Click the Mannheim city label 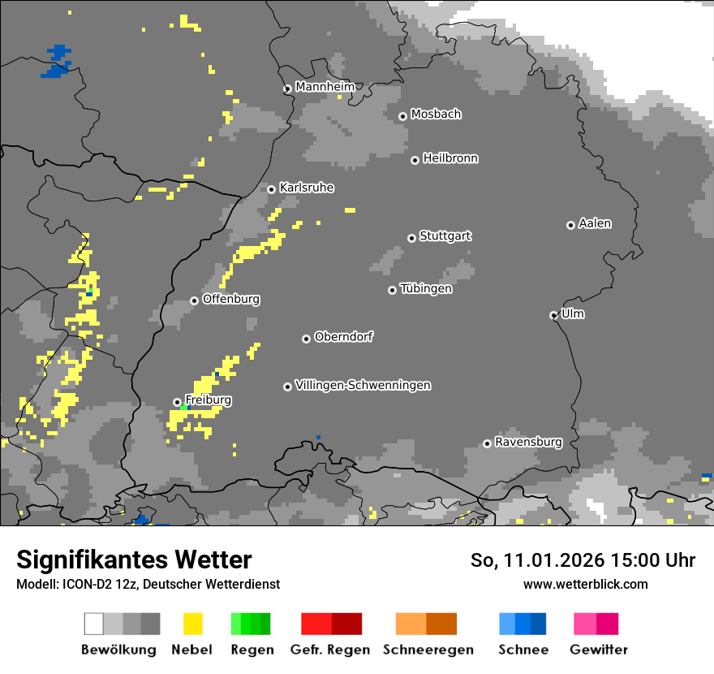point(325,87)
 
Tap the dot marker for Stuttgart point(411,238)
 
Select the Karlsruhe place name point(306,188)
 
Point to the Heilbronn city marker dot point(415,160)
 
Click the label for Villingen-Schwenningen point(363,386)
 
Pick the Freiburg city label point(208,400)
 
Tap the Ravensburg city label point(528,443)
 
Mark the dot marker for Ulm point(553,315)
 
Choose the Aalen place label point(595,223)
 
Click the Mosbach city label point(436,114)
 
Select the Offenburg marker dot point(194,300)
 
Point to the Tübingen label point(426,289)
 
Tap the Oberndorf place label point(343,337)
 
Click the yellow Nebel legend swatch point(192,624)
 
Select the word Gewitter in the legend point(599,650)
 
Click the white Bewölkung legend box point(94,624)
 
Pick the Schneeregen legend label point(428,650)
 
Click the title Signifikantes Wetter point(134,560)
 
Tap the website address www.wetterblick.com point(585,585)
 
